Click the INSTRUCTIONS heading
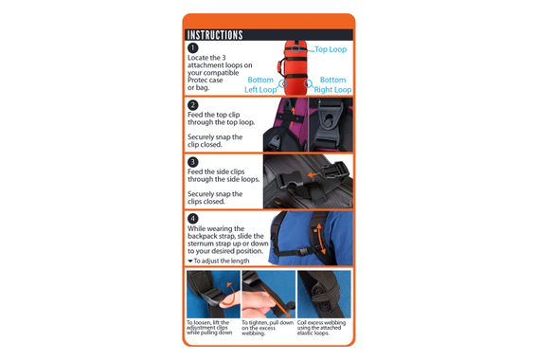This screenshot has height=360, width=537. (x=215, y=35)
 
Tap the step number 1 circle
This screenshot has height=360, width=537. (x=193, y=47)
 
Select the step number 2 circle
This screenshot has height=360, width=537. (x=193, y=105)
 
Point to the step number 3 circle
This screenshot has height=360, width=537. (x=193, y=162)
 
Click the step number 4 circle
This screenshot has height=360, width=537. (x=193, y=219)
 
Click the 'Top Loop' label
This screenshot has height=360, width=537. (x=331, y=49)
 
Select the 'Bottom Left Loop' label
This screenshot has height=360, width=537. (x=261, y=85)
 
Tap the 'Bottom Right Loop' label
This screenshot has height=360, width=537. (x=333, y=85)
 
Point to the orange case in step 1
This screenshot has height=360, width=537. (x=295, y=66)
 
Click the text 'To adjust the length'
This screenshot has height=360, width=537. (x=221, y=261)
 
